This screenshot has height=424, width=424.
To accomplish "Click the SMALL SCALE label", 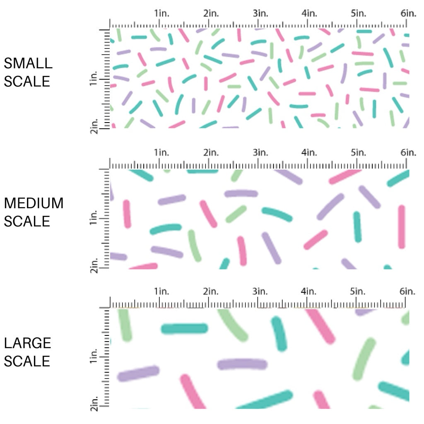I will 28,72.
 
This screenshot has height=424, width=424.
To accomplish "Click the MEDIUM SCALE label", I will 34,212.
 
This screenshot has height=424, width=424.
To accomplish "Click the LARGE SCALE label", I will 28,352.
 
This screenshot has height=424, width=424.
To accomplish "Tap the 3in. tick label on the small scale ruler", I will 260,13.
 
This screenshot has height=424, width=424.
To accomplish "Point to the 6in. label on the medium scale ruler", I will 408,152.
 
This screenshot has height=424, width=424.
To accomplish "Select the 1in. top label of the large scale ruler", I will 162,291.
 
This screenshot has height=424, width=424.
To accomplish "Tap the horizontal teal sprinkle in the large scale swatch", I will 184,329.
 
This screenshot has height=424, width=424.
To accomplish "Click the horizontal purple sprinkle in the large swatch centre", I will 242,364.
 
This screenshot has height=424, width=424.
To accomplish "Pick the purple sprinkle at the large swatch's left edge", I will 138,373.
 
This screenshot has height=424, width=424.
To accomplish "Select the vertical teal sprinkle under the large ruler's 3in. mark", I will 279,334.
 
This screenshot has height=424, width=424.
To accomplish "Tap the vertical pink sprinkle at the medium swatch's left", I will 127,214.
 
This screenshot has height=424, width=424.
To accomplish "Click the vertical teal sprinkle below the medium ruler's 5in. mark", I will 357,226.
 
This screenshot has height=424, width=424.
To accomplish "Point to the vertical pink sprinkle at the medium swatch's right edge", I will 401,226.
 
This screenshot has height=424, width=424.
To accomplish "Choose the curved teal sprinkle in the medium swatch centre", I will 277,214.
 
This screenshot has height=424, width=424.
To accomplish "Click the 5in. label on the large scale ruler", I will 359,291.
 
